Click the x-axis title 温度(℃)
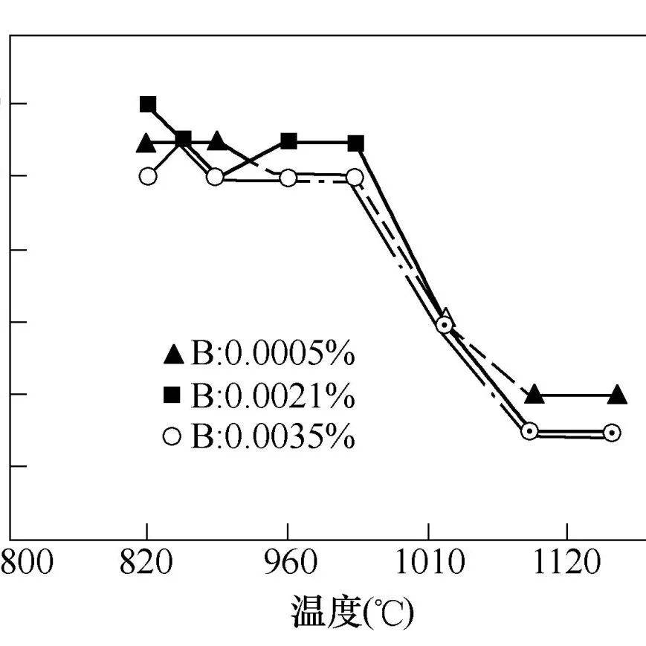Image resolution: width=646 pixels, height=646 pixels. [x=352, y=612]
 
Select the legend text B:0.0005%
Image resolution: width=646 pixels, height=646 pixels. [x=273, y=355]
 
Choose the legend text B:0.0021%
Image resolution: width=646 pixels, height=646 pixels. [x=273, y=397]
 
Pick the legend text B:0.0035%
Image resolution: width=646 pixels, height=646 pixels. [x=273, y=437]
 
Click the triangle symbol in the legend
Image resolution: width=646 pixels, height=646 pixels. [x=172, y=355]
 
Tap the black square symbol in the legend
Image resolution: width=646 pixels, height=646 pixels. [x=172, y=397]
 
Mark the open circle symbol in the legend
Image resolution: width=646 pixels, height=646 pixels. [x=172, y=437]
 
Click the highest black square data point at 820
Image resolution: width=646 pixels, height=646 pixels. [x=148, y=104]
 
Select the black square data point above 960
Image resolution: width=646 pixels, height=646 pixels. [x=289, y=141]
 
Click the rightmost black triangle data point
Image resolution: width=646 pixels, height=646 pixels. [x=617, y=395]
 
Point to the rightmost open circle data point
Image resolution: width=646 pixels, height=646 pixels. [x=611, y=433]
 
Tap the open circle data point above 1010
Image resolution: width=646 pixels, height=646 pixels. [x=444, y=325]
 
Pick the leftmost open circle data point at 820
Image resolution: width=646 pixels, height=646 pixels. [x=148, y=176]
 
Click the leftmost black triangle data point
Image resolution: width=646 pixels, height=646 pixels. [x=146, y=143]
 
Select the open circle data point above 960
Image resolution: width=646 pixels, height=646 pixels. [x=288, y=177]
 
